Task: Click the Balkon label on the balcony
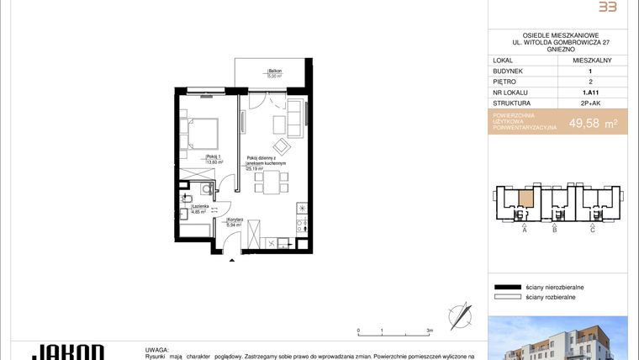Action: [275, 71]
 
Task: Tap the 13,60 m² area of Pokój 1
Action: [214, 162]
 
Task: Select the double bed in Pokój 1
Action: [202, 132]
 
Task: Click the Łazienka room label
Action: [200, 206]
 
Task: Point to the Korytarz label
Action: [235, 219]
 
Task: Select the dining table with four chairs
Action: [270, 181]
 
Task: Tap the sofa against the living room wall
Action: [297, 118]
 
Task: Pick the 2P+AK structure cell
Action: [592, 103]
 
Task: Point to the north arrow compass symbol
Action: [460, 315]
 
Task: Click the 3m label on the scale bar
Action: [430, 331]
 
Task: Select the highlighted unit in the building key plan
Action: [525, 199]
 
